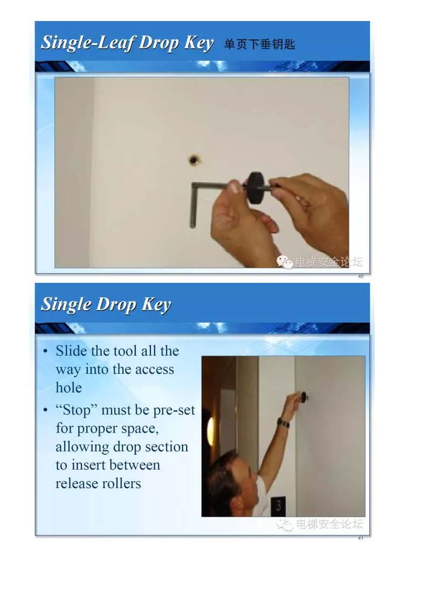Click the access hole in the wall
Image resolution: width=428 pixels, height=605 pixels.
(x=194, y=160)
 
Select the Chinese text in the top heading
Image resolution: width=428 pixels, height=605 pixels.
(x=259, y=44)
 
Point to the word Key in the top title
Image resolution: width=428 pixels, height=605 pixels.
(x=199, y=43)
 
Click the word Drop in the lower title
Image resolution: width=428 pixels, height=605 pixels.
(x=116, y=304)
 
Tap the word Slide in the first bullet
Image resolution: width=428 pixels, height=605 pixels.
(x=71, y=351)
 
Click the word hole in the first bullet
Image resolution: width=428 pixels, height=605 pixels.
(x=68, y=387)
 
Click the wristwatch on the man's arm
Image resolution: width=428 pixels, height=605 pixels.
(x=284, y=423)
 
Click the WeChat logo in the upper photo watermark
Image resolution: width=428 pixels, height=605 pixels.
(x=285, y=262)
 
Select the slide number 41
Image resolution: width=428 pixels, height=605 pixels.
(x=361, y=538)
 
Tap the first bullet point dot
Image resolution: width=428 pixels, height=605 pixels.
(x=45, y=351)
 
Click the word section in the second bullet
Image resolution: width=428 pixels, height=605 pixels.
(x=167, y=447)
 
